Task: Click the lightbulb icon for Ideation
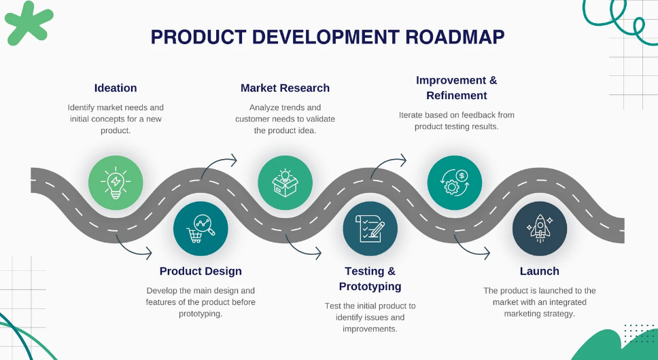point(116,183)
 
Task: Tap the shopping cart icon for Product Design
point(201,229)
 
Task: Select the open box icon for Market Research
point(285,183)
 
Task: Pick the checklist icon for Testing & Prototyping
point(370,228)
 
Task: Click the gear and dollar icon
point(455,183)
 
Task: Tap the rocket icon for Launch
point(540,229)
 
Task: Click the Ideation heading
point(116,88)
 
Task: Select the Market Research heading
point(285,88)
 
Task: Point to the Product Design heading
point(201,271)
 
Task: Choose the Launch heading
point(540,271)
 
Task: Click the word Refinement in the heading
point(457,96)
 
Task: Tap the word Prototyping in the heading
point(370,287)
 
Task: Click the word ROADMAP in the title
point(455,37)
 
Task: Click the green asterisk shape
point(28,24)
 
